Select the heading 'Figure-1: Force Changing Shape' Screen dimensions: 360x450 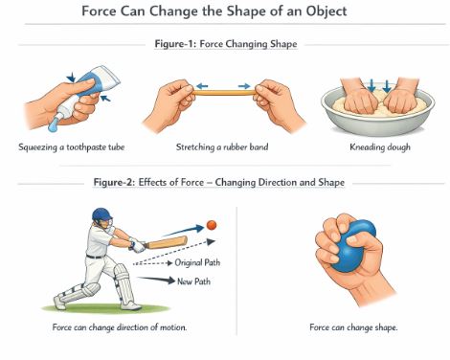pyautogui.click(x=224, y=43)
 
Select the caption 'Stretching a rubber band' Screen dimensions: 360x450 pyautogui.click(x=224, y=147)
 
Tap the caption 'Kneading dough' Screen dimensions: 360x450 pyautogui.click(x=379, y=147)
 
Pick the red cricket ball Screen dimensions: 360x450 pyautogui.click(x=212, y=224)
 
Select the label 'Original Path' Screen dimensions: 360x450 pyautogui.click(x=199, y=262)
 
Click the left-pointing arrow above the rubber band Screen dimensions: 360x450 pyautogui.click(x=202, y=85)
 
